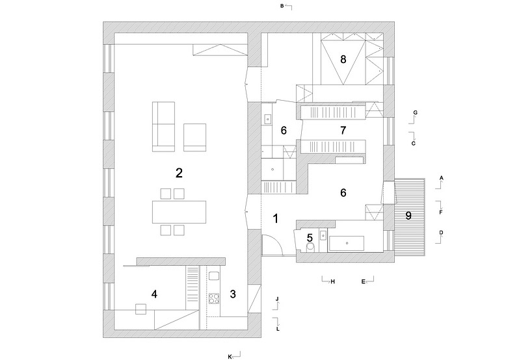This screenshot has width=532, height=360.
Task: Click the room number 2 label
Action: coord(178,173)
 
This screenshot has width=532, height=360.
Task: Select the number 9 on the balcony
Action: coord(408,216)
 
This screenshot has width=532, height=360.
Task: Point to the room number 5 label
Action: coord(310,237)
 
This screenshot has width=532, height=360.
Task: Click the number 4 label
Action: coord(154,294)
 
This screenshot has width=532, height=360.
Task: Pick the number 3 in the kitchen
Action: coord(233,294)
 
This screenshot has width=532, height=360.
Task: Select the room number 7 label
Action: coord(343,131)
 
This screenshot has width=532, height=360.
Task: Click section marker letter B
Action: coord(282,6)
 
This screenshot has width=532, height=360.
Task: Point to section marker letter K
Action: coord(230,356)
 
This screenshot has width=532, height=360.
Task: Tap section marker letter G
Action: coord(415,112)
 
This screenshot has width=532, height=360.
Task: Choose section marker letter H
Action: coord(332,281)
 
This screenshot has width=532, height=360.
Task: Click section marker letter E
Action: coord(364,281)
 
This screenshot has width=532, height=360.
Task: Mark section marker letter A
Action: coord(441,177)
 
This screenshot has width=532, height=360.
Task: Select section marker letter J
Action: coord(277,299)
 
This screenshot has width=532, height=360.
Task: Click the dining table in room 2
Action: coord(179,211)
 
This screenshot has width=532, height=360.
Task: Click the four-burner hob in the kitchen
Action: coord(213,300)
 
